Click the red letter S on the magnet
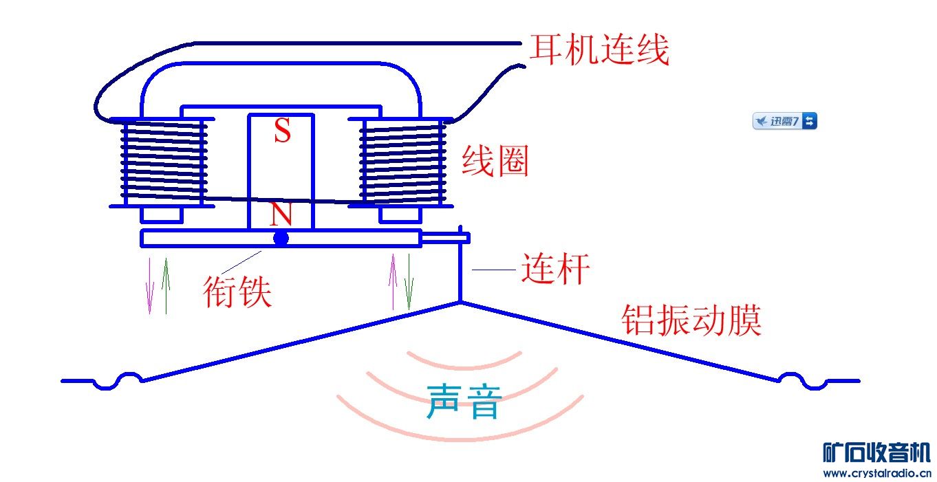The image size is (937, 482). [282, 131]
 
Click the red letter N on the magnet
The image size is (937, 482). [281, 215]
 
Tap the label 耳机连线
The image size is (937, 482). [599, 50]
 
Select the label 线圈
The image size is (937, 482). [495, 162]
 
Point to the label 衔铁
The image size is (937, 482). [237, 292]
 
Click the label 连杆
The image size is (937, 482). [555, 269]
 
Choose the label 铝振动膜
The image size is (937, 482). [691, 320]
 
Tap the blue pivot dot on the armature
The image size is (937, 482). [281, 239]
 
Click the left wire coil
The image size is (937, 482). [164, 162]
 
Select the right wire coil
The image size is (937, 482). [400, 162]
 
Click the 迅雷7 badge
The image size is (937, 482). [785, 122]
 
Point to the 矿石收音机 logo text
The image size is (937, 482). [876, 452]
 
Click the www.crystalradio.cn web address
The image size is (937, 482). [876, 473]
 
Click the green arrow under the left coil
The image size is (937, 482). [164, 285]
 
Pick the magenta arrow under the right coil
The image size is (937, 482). [393, 282]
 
